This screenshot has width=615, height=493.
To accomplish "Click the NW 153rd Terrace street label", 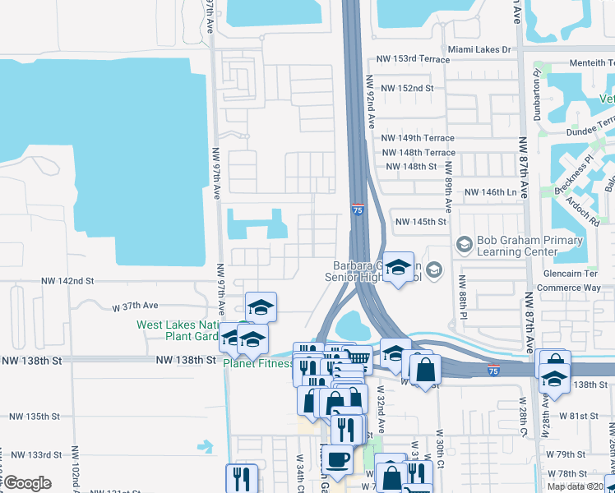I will pyautogui.click(x=409, y=59).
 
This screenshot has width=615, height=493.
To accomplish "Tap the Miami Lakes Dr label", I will pyautogui.click(x=479, y=49).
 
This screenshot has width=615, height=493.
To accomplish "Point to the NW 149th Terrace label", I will pyautogui.click(x=418, y=138).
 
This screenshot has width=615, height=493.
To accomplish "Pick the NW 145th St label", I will pyautogui.click(x=420, y=222).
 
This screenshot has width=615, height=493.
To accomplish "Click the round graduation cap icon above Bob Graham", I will pyautogui.click(x=464, y=244).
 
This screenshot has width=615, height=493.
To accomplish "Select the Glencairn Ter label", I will pyautogui.click(x=570, y=274).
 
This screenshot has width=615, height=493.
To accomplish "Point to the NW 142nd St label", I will pyautogui.click(x=68, y=281).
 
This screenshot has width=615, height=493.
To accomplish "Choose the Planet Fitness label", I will pyautogui.click(x=258, y=364).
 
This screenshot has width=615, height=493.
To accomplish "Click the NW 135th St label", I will pyautogui.click(x=33, y=417).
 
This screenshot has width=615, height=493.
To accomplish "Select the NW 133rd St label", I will pyautogui.click(x=33, y=454).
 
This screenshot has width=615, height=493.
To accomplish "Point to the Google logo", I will pyautogui.click(x=27, y=483).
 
